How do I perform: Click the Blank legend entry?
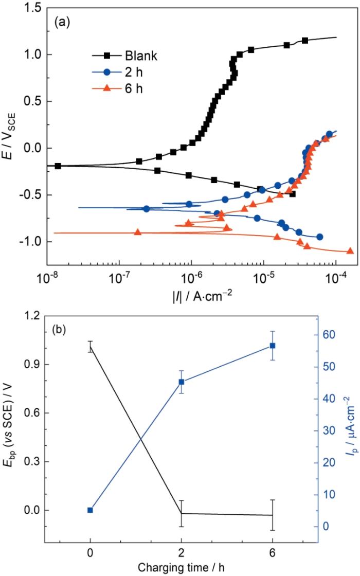click(x=140, y=56)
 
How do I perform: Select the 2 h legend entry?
click(x=133, y=72)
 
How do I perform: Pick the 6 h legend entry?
click(x=133, y=88)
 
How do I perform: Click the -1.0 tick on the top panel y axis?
click(x=32, y=242)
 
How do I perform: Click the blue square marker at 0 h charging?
click(x=91, y=496)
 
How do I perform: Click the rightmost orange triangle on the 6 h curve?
click(x=350, y=251)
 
